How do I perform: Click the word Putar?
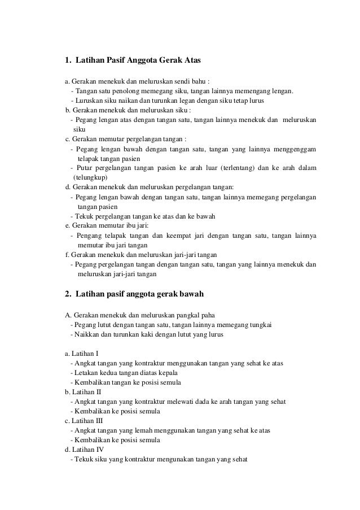click(x=85, y=168)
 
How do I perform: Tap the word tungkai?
click(x=260, y=324)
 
